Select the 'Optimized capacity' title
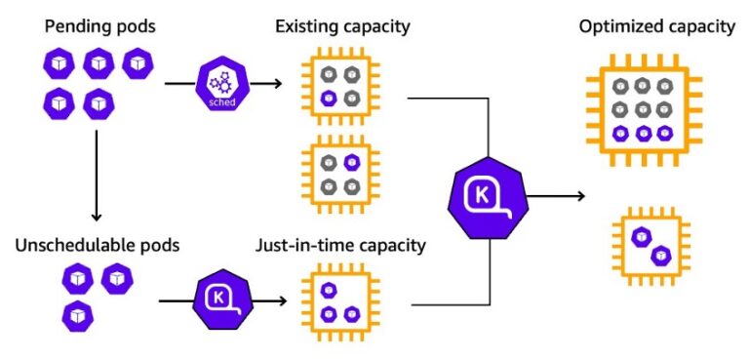(656, 26)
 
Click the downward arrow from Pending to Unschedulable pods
(95, 176)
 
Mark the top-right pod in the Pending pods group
(138, 65)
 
